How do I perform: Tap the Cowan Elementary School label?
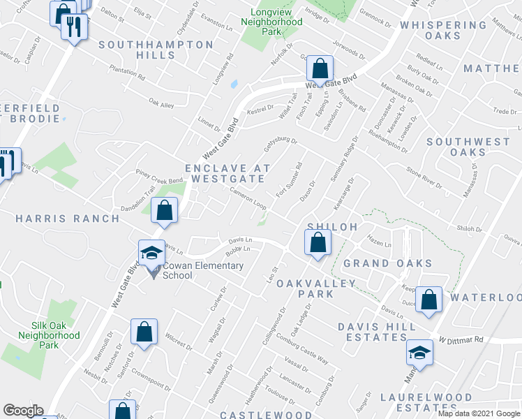tap(203, 270)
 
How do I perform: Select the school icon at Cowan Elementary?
tap(151, 255)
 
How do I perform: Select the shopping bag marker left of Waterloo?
tap(430, 298)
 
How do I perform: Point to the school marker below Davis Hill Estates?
tap(419, 352)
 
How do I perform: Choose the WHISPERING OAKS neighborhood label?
tap(443, 30)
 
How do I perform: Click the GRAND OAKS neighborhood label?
tap(387, 264)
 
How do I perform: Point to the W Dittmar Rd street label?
tap(461, 340)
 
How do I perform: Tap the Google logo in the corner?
tap(23, 411)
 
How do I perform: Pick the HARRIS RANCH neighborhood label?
tap(68, 219)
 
